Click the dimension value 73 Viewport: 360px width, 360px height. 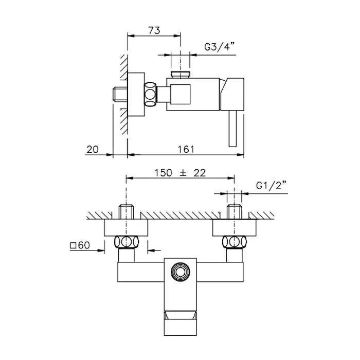coord(154,30)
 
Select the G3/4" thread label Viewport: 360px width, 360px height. coord(219,47)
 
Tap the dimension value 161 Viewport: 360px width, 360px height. coord(186,150)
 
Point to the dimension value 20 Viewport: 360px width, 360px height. coord(93,150)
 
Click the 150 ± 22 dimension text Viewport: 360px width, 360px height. coord(180,173)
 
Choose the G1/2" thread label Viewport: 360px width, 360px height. coord(271,185)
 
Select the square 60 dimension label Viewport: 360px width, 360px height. coord(80,245)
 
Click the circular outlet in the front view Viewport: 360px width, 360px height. coord(181,272)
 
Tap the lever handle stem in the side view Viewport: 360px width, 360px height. coord(232,128)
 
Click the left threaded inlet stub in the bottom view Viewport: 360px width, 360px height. coord(127,212)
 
